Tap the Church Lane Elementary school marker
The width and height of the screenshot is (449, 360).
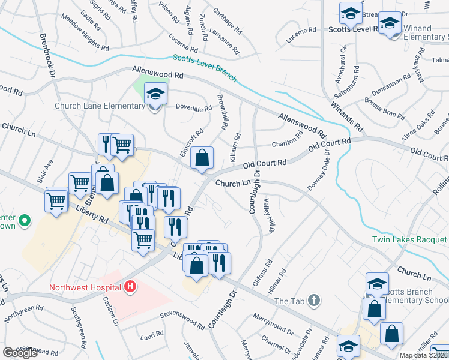click(x=155, y=94)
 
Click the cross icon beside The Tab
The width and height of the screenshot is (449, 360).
click(x=313, y=299)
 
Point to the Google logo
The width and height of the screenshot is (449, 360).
click(x=20, y=353)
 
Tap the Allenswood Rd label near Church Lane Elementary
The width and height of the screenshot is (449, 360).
click(x=158, y=75)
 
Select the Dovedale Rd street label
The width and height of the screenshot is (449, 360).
click(x=194, y=109)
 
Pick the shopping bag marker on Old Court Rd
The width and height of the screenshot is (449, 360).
click(x=202, y=158)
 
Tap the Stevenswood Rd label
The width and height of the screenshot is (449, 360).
click(x=182, y=319)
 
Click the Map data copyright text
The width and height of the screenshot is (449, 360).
click(x=424, y=355)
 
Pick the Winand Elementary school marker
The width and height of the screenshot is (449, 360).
click(x=391, y=24)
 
